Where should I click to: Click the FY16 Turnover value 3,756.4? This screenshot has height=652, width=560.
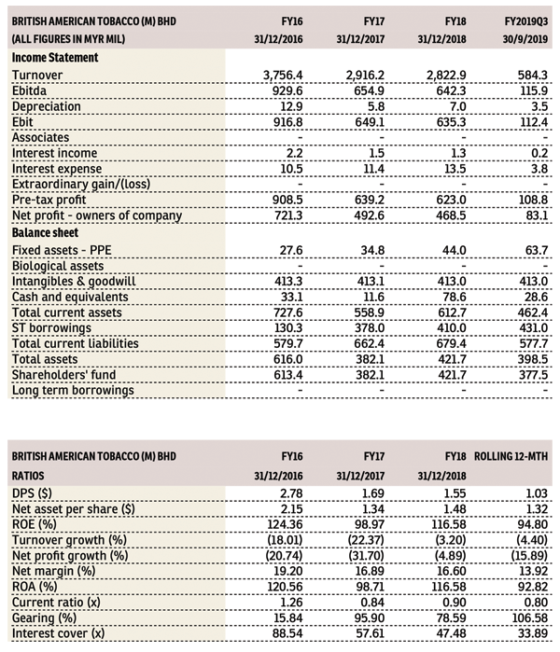tap(283, 76)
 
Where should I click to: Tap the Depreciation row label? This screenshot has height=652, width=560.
tap(46, 106)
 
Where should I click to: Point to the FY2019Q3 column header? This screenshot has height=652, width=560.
tap(525, 21)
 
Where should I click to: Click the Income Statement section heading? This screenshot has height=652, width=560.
tap(55, 58)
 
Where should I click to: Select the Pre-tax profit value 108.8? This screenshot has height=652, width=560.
tap(533, 200)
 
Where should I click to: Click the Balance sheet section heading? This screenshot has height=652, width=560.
tap(45, 233)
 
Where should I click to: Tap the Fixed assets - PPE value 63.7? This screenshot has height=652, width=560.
tap(537, 250)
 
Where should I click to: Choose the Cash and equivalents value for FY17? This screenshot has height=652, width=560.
tap(372, 297)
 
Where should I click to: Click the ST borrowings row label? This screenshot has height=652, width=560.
tap(51, 328)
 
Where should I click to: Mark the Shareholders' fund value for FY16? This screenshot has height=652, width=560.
tap(287, 375)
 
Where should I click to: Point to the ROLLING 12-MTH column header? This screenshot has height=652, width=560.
tap(511, 456)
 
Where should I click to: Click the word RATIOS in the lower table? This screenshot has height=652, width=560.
tap(27, 476)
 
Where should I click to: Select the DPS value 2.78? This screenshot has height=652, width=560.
tap(291, 493)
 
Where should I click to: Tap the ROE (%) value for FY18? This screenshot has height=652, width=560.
tap(449, 525)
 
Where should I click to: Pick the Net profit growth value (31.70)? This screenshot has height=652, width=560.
tap(366, 556)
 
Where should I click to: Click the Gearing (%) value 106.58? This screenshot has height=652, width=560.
tap(529, 618)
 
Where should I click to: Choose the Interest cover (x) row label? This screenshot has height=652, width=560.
tap(58, 633)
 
